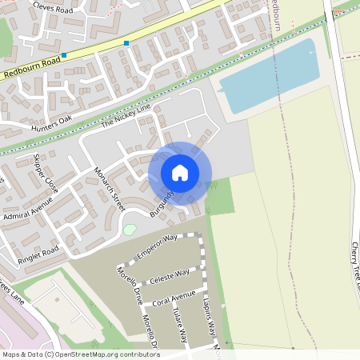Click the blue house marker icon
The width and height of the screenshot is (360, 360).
pos(180,173)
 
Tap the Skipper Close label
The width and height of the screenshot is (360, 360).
pos(46,171)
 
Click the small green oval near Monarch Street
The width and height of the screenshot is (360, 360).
pos(130,230)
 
